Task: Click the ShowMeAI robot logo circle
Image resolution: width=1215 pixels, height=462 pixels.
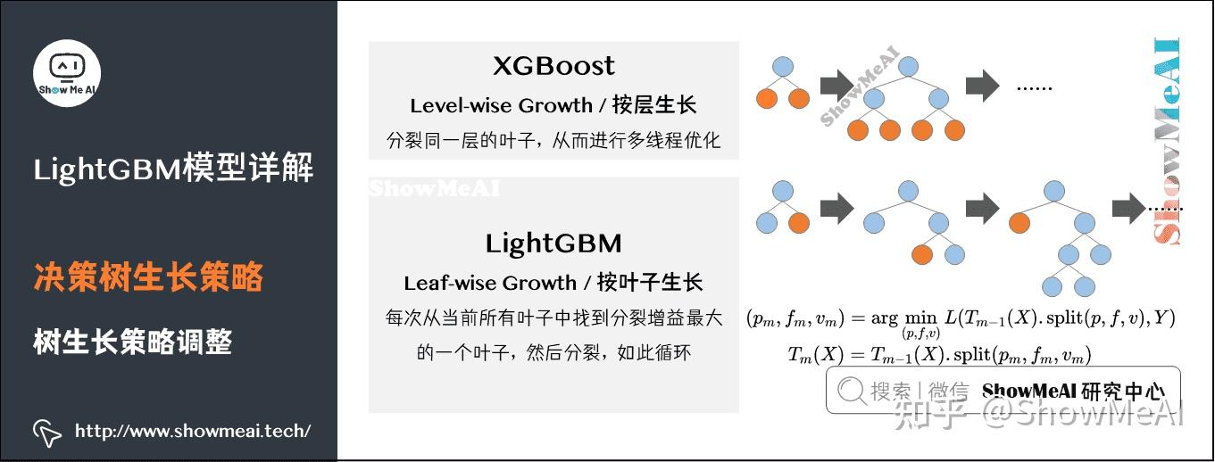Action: (67, 73)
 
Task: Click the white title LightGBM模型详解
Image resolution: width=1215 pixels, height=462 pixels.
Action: (173, 168)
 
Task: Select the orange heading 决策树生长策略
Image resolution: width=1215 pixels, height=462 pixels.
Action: (148, 277)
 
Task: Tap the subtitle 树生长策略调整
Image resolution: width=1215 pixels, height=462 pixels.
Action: (133, 342)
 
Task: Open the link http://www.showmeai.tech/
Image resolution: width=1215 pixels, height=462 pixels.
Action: (193, 432)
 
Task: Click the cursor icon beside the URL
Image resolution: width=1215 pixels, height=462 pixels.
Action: (47, 433)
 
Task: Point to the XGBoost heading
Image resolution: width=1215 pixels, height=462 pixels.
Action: (553, 66)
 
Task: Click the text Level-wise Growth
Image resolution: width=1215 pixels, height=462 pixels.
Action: (502, 105)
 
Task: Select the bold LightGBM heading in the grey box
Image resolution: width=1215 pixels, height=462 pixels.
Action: (553, 243)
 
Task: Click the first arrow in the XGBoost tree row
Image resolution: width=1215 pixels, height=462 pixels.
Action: (836, 85)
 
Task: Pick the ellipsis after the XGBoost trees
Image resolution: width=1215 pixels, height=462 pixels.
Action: (1035, 87)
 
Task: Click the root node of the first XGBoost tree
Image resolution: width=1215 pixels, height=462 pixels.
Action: (783, 66)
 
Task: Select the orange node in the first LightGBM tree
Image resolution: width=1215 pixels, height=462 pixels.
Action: (799, 223)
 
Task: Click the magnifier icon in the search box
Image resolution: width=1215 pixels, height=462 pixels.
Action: (852, 390)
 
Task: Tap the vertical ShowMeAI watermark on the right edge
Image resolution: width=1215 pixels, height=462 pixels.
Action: (1167, 143)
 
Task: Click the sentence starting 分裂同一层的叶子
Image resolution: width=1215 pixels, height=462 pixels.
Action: (553, 141)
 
